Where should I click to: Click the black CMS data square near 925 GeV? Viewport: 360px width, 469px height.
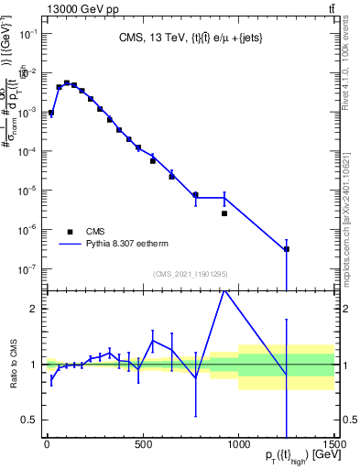224,213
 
